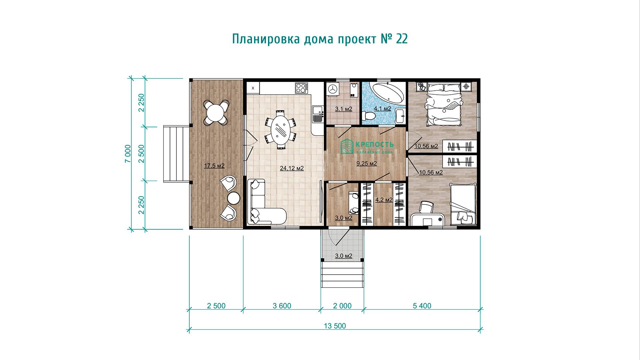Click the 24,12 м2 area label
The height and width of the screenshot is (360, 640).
click(x=292, y=168)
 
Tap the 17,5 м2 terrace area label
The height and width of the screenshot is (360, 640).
click(x=214, y=166)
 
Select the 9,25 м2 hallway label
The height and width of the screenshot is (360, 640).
click(x=367, y=163)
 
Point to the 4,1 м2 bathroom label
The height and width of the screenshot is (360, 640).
click(x=382, y=109)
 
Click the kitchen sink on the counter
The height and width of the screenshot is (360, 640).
click(x=317, y=114)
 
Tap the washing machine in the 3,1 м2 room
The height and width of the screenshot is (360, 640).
click(x=332, y=89)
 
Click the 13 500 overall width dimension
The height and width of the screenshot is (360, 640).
click(x=335, y=326)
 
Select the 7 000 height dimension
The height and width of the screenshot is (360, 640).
click(x=128, y=154)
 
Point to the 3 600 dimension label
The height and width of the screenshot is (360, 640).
click(x=282, y=306)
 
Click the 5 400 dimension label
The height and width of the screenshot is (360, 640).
click(x=422, y=306)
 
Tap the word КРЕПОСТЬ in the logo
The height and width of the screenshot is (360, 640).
click(x=375, y=145)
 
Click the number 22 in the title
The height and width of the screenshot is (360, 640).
click(x=402, y=39)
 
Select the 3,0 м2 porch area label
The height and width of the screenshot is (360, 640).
click(x=344, y=256)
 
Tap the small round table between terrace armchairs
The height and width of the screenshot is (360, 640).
click(x=234, y=198)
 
